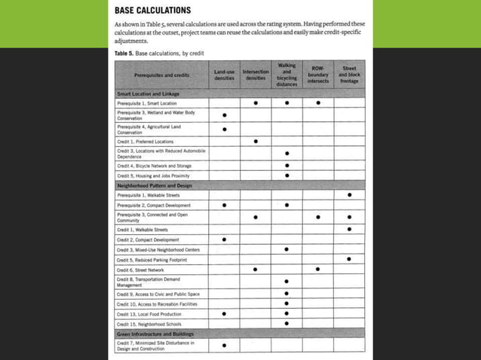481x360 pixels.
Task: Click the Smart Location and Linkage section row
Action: pyautogui.click(x=149, y=93)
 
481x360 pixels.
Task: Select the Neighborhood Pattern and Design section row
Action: pyautogui.click(x=153, y=185)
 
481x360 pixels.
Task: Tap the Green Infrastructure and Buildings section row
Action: pyautogui.click(x=155, y=333)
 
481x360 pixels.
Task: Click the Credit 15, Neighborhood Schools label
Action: pyautogui.click(x=149, y=323)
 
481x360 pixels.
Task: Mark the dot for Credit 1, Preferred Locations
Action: pyautogui.click(x=256, y=141)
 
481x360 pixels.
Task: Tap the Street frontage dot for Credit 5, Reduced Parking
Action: pyautogui.click(x=349, y=259)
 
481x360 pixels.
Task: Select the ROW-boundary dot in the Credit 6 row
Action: pyautogui.click(x=318, y=269)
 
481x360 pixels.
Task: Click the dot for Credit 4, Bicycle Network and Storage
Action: pyautogui.click(x=286, y=166)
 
